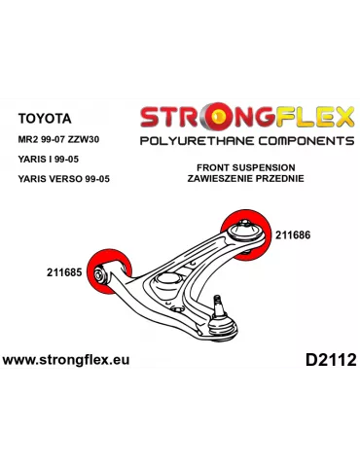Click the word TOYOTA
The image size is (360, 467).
point(44,118)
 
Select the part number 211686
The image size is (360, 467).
point(294,234)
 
